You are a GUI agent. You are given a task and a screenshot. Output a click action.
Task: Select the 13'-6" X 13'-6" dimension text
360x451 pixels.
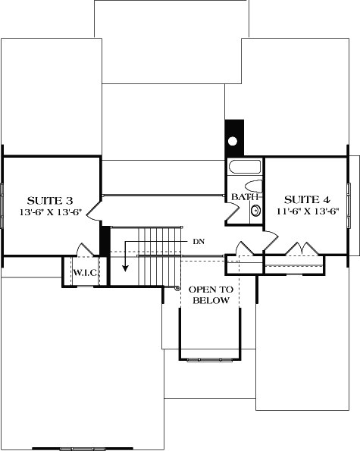point(50,213)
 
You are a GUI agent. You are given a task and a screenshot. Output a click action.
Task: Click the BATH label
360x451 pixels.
point(243,197)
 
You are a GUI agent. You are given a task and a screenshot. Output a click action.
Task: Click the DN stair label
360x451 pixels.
point(199,241)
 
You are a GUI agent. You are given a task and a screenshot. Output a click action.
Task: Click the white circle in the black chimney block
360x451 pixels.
point(233,141)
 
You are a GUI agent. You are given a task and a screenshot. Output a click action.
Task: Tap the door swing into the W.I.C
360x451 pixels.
point(83,249)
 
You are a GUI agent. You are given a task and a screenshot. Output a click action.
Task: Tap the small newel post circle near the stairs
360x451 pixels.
point(177,288)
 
